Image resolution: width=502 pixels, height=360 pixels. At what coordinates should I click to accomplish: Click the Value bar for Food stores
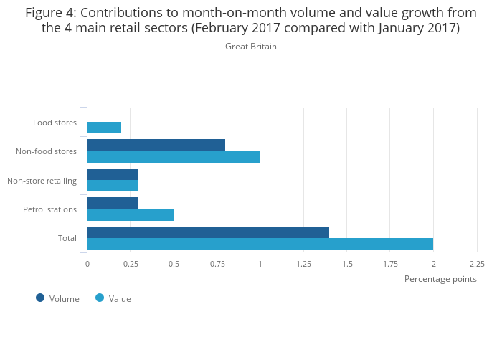(x=104, y=128)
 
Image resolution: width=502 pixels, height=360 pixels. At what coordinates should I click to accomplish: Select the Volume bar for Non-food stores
(x=156, y=146)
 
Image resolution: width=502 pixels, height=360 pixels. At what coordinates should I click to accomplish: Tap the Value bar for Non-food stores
(x=173, y=157)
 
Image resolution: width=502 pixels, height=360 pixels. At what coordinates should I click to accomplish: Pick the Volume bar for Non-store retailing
(x=113, y=174)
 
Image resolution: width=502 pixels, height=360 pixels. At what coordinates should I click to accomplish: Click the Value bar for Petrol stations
(x=130, y=214)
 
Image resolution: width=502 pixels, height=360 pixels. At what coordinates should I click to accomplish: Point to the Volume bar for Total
(x=208, y=232)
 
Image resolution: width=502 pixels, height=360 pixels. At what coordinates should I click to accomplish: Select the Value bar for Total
(x=260, y=244)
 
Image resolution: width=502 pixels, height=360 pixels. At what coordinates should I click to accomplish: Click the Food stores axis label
(x=55, y=123)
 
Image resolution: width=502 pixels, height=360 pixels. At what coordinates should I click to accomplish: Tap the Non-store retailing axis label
(x=42, y=181)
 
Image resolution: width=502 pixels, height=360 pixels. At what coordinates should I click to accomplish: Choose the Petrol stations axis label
(x=49, y=209)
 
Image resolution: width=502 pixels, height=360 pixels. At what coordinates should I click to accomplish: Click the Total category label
(x=67, y=238)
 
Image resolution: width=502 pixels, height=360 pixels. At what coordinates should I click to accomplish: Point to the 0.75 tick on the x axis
(x=217, y=264)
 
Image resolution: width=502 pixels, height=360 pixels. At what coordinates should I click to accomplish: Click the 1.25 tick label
(x=303, y=264)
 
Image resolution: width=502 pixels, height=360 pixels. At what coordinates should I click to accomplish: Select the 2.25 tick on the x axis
(x=477, y=264)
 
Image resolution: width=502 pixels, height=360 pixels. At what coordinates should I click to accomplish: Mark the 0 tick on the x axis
(x=87, y=264)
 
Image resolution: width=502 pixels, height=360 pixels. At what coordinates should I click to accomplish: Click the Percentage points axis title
(x=440, y=279)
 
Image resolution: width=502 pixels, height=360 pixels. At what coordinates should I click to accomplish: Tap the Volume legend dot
(x=40, y=298)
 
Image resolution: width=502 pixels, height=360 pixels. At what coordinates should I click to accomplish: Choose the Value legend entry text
(x=120, y=299)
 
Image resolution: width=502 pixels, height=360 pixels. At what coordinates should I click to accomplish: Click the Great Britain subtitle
(x=250, y=47)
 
